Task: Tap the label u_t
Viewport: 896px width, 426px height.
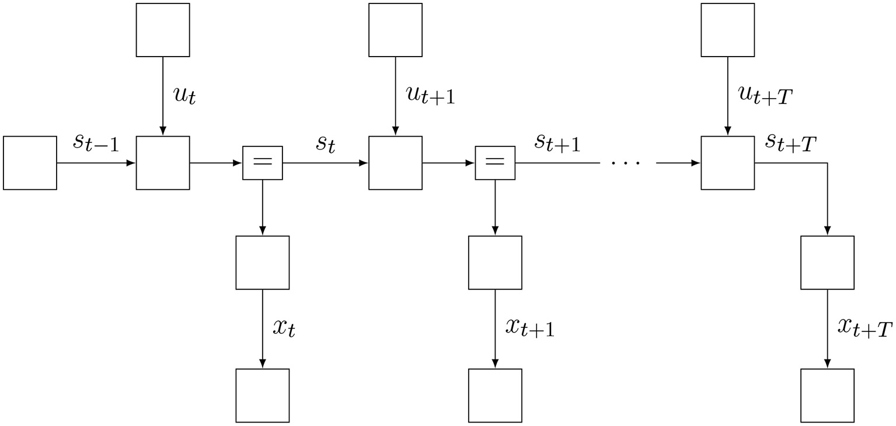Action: click(x=184, y=95)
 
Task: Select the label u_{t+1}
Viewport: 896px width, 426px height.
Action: click(x=430, y=95)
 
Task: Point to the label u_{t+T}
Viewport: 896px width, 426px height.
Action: click(x=765, y=95)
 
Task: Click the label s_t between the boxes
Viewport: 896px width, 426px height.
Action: click(x=326, y=144)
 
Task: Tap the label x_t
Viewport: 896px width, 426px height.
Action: click(x=284, y=328)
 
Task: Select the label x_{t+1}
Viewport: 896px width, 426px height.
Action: click(x=529, y=328)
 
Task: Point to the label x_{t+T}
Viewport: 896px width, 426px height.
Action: click(x=864, y=328)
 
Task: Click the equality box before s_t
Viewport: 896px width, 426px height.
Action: click(x=262, y=163)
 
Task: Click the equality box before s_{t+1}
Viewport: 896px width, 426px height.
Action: click(x=495, y=163)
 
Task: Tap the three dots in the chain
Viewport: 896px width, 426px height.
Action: click(x=625, y=163)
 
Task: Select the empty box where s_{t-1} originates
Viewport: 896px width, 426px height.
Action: click(x=30, y=163)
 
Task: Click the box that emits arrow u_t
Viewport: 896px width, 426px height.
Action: click(x=163, y=30)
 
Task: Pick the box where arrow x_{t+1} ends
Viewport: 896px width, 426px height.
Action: click(x=495, y=395)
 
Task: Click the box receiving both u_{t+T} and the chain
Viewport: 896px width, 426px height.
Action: click(x=727, y=163)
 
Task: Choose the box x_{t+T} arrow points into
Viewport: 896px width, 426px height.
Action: click(x=827, y=395)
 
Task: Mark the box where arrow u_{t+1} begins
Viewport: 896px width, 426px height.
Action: click(x=395, y=30)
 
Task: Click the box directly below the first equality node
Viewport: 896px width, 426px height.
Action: click(x=262, y=263)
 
